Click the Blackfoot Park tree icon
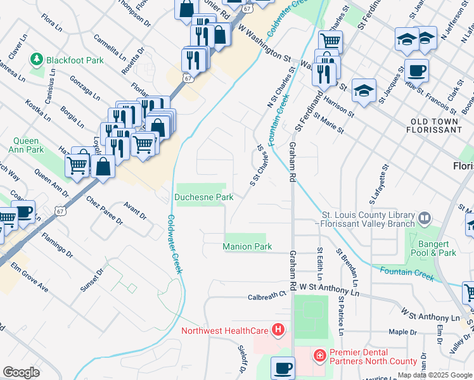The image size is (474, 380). pos(35,60)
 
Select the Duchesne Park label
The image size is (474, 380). pos(204,197)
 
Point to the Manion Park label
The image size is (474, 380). pos(247,246)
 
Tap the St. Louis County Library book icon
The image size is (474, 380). pos(425,218)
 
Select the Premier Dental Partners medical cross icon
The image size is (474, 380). pos(319,356)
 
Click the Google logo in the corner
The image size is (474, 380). pos(21,372)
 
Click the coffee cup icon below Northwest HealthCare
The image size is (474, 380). pos(283,368)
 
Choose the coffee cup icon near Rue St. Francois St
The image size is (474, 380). pos(416,70)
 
